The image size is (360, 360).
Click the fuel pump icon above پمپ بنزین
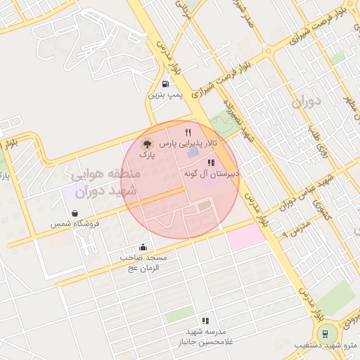[x=165, y=84]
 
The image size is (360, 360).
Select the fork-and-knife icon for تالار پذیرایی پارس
[x=188, y=132]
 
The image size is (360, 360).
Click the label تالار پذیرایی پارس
[x=188, y=143]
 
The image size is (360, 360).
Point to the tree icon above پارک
[x=146, y=143]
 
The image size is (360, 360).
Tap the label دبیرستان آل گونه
[x=212, y=173]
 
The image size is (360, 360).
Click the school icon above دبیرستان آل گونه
[x=212, y=162]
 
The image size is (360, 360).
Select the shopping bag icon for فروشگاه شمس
[x=75, y=213]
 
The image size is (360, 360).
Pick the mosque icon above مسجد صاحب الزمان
[x=143, y=247]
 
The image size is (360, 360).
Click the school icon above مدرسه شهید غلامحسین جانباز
[x=205, y=321]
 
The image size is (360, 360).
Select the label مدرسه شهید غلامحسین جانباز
[x=205, y=336]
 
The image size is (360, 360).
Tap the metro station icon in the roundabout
[x=324, y=333]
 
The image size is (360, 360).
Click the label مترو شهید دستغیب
[x=331, y=345]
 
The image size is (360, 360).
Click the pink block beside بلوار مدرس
[x=245, y=236]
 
